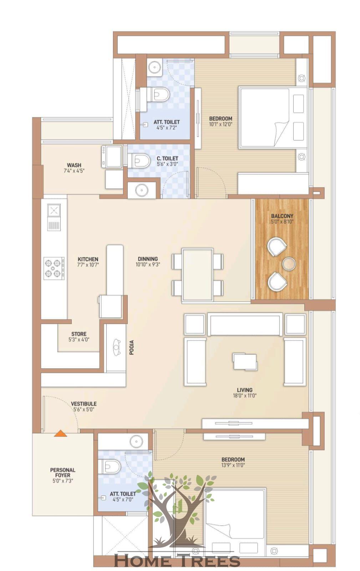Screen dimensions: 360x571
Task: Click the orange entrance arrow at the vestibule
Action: pyautogui.click(x=60, y=434)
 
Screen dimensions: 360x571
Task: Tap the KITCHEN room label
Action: pyautogui.click(x=88, y=259)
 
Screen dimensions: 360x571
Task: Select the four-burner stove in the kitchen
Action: pyautogui.click(x=54, y=268)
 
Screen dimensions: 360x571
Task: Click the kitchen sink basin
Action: pyautogui.click(x=54, y=210)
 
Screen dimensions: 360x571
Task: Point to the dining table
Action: pyautogui.click(x=198, y=275)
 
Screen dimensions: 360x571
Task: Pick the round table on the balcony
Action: pyautogui.click(x=289, y=264)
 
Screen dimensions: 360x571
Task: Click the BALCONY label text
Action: pyautogui.click(x=282, y=216)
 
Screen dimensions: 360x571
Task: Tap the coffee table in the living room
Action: pyautogui.click(x=245, y=361)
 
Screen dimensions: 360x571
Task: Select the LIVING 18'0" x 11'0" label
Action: pyautogui.click(x=245, y=392)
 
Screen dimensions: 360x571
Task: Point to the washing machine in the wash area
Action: pyautogui.click(x=112, y=156)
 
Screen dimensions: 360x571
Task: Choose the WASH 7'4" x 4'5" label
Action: pyautogui.click(x=74, y=168)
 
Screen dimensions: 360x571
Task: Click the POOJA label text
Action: pyautogui.click(x=131, y=347)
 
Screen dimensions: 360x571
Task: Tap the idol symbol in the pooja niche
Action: pyautogui.click(x=116, y=347)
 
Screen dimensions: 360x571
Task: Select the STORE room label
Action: pyautogui.click(x=79, y=334)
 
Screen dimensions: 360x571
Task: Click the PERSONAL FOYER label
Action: pyautogui.click(x=63, y=472)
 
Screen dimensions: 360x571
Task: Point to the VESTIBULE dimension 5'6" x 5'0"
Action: pyautogui.click(x=84, y=409)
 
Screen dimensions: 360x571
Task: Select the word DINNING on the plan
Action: pyautogui.click(x=148, y=259)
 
